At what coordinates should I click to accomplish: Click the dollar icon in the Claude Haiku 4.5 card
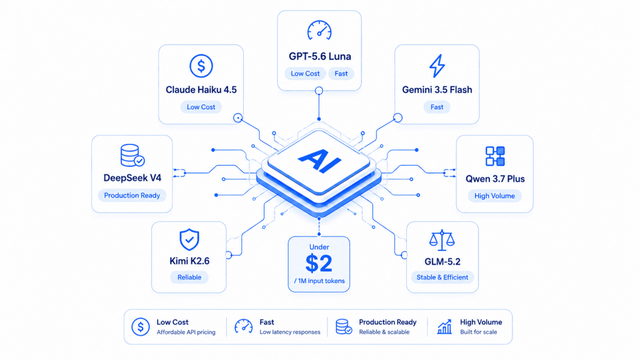(x=201, y=66)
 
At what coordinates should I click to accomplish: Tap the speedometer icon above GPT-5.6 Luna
(x=319, y=30)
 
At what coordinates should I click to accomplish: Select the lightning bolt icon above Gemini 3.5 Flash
(x=437, y=66)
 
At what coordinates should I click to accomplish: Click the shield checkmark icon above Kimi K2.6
(x=189, y=239)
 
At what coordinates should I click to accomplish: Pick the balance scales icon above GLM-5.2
(x=442, y=241)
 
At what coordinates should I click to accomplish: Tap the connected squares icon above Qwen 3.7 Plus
(x=495, y=156)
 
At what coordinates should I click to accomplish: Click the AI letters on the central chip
(x=319, y=161)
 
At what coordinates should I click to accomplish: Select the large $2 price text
(x=319, y=264)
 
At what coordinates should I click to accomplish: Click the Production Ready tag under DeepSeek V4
(x=132, y=196)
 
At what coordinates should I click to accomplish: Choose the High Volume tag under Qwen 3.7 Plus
(x=494, y=196)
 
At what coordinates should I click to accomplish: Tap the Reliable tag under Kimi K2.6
(x=189, y=277)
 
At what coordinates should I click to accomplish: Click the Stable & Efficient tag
(x=442, y=277)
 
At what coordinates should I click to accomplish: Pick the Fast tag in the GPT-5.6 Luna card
(x=341, y=74)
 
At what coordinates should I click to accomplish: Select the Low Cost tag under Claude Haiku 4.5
(x=201, y=107)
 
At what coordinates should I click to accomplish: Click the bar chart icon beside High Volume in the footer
(x=444, y=326)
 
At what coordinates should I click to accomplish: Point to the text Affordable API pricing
(x=186, y=332)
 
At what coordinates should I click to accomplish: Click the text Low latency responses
(x=290, y=332)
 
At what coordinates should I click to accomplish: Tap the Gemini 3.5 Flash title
(x=437, y=90)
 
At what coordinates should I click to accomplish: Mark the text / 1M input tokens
(x=319, y=281)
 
